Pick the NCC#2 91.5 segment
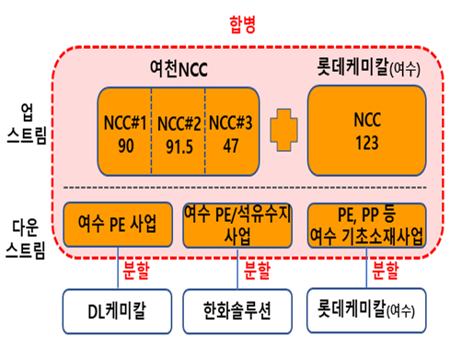point(178,131)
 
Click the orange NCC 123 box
point(365,131)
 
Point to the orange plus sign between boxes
point(283,131)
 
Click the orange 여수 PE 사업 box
point(118,226)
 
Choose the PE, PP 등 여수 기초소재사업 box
point(365,226)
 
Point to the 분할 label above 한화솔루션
point(259,272)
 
